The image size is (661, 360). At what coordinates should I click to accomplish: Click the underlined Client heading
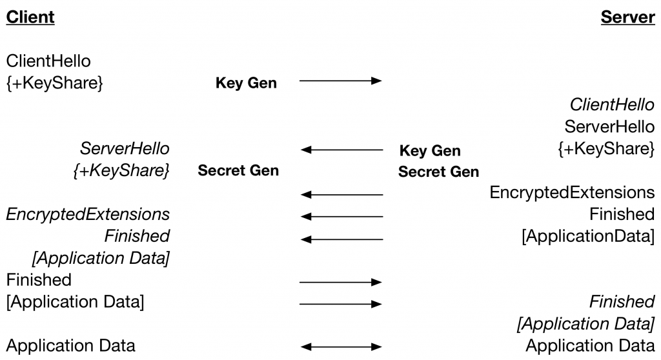pyautogui.click(x=30, y=17)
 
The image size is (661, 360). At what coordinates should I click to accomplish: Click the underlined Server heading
pyautogui.click(x=627, y=17)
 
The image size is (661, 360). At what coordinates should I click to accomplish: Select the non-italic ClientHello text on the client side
pyautogui.click(x=48, y=61)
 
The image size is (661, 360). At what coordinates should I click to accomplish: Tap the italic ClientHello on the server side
pyautogui.click(x=612, y=105)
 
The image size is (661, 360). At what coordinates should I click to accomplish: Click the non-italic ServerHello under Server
pyautogui.click(x=609, y=126)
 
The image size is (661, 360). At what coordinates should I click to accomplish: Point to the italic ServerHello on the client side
pyautogui.click(x=125, y=149)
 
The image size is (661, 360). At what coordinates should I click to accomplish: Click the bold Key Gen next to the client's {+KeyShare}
pyautogui.click(x=246, y=83)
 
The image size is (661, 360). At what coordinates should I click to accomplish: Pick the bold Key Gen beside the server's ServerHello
pyautogui.click(x=430, y=151)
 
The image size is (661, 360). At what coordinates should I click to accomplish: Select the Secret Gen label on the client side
pyautogui.click(x=238, y=171)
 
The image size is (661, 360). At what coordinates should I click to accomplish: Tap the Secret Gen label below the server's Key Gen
pyautogui.click(x=438, y=172)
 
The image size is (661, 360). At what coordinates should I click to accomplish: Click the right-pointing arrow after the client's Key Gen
pyautogui.click(x=341, y=81)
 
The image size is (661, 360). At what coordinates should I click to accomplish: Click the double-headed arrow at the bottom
pyautogui.click(x=341, y=346)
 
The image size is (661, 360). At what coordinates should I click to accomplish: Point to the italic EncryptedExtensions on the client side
pyautogui.click(x=88, y=214)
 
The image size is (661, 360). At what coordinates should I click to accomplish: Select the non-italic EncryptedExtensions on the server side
pyautogui.click(x=572, y=192)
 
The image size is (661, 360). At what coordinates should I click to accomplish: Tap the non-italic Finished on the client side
pyautogui.click(x=39, y=279)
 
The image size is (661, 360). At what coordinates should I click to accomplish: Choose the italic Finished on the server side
pyautogui.click(x=622, y=301)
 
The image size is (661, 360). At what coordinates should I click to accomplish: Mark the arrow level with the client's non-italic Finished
pyautogui.click(x=341, y=282)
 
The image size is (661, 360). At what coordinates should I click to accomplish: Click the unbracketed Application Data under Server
pyautogui.click(x=590, y=346)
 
